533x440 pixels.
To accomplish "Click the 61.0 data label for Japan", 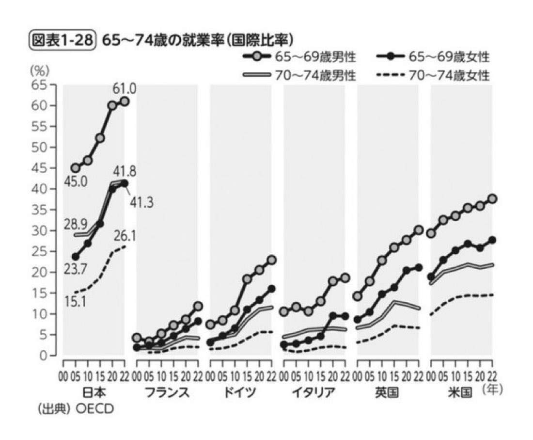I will (125, 89).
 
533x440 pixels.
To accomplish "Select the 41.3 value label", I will (141, 202).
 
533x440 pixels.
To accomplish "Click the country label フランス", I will (167, 393).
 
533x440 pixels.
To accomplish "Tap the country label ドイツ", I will (241, 393).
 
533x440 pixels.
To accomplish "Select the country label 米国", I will (461, 393).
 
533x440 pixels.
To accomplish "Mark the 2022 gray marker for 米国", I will (493, 198).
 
